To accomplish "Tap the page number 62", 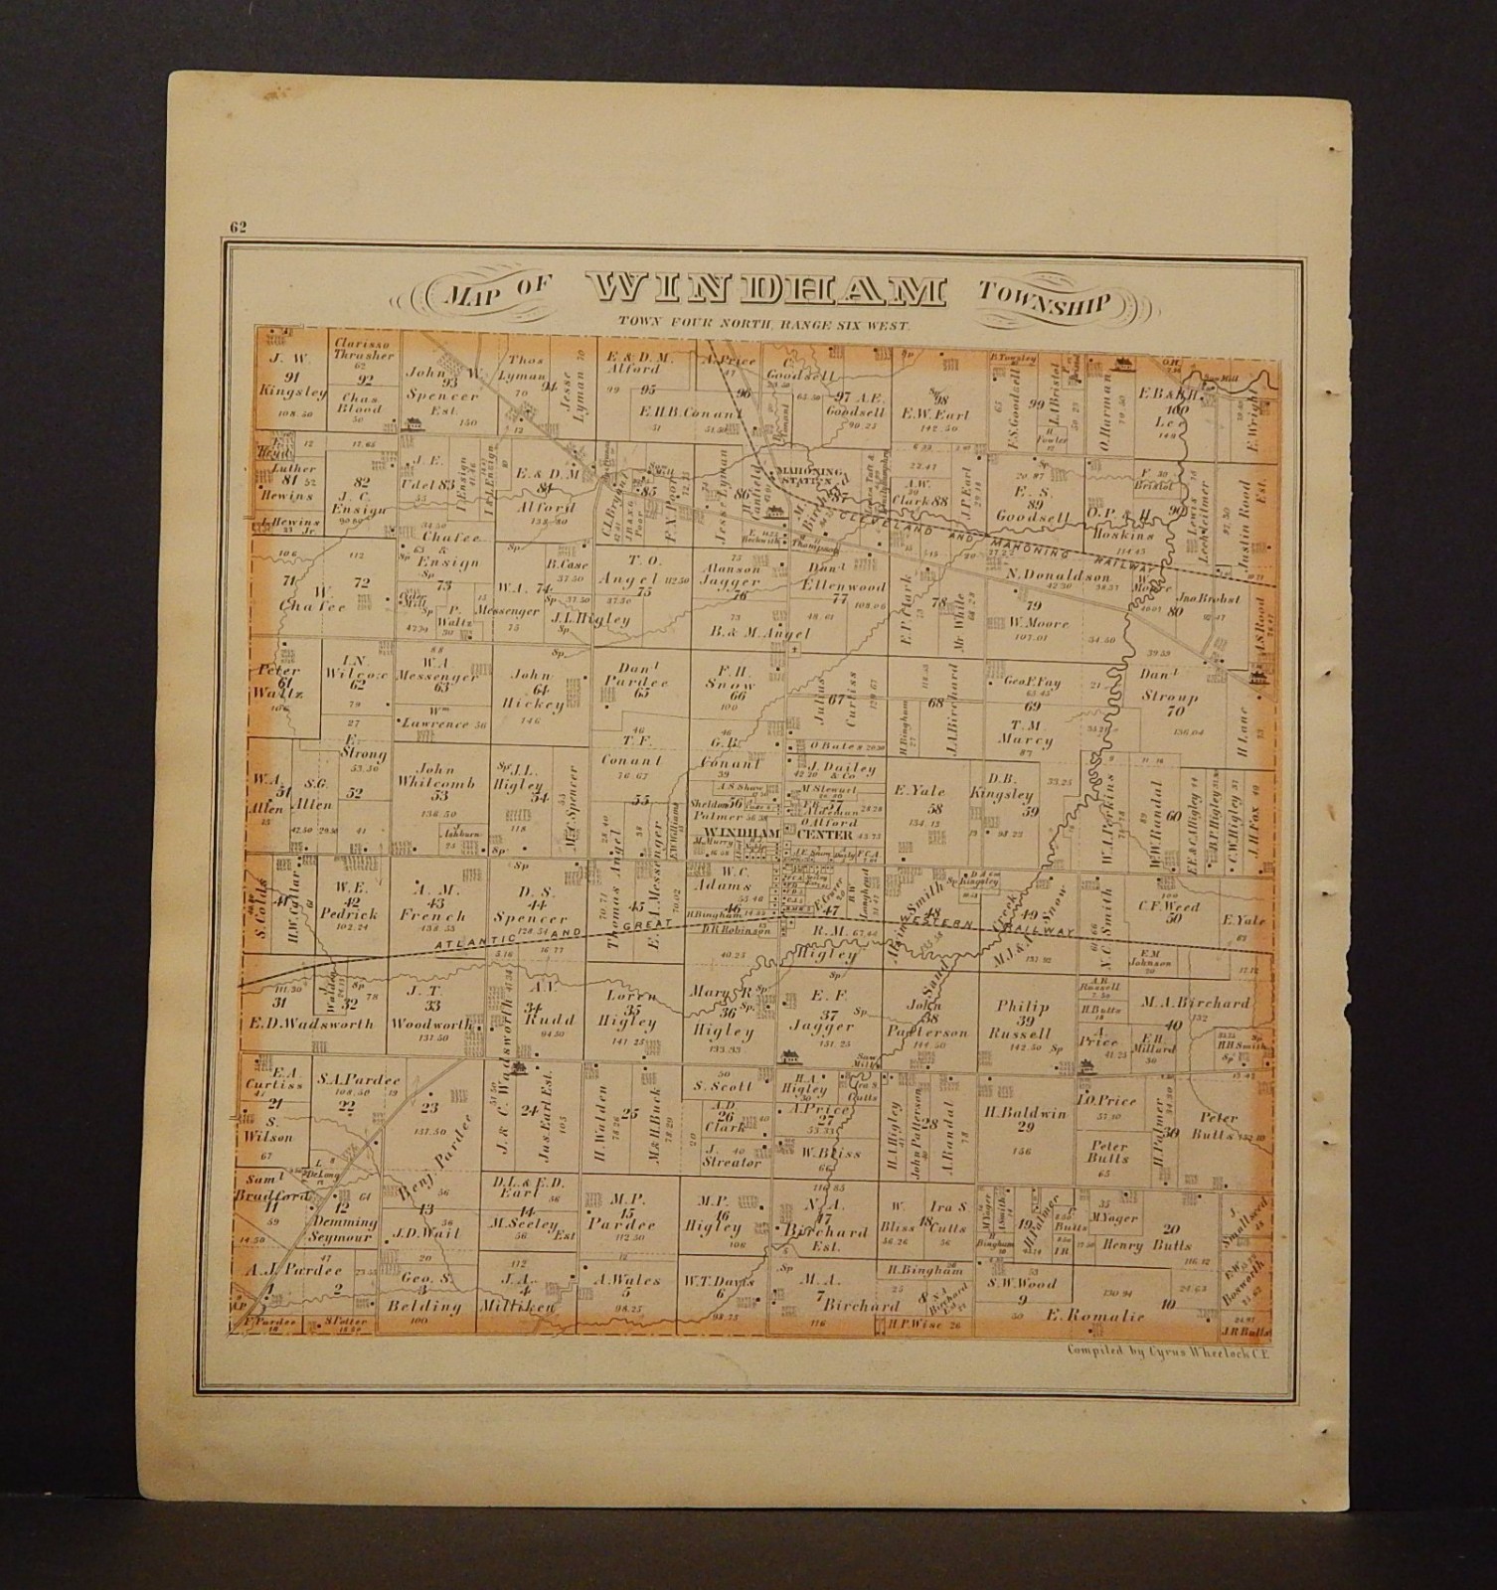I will pyautogui.click(x=237, y=225).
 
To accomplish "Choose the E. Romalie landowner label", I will pyautogui.click(x=1093, y=1316).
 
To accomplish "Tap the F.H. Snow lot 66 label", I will pyautogui.click(x=737, y=683).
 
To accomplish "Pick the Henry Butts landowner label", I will pyautogui.click(x=1134, y=1245).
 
